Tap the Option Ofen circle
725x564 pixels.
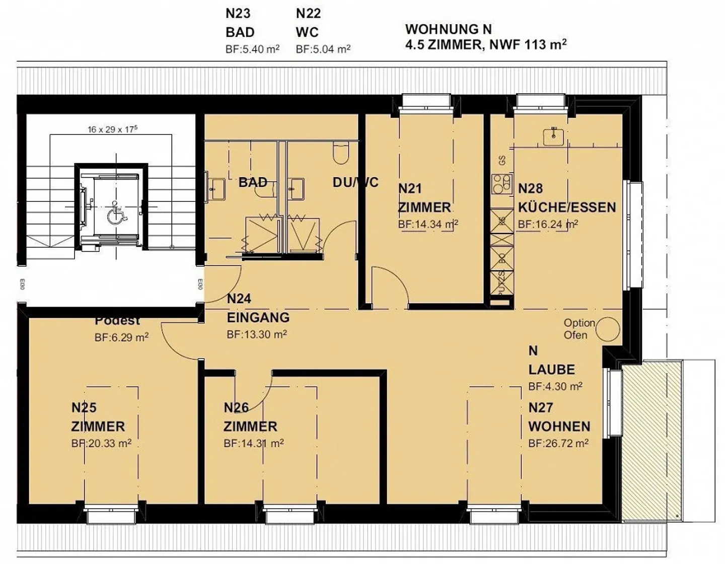[x=608, y=330]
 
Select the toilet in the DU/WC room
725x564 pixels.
[x=341, y=153]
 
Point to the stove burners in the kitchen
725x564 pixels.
[x=501, y=184]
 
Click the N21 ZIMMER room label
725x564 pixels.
[x=424, y=198]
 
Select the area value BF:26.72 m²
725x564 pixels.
[x=558, y=444]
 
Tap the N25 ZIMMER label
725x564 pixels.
[x=98, y=417]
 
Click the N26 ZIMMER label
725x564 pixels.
[x=250, y=417]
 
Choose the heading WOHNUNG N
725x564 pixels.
[x=449, y=29]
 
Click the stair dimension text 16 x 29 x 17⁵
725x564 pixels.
[x=112, y=129]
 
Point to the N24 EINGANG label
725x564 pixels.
[x=258, y=308]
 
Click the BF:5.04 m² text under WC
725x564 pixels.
[x=323, y=49]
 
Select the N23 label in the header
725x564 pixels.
[x=238, y=14]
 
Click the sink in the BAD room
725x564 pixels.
[x=217, y=189]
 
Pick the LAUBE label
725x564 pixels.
[x=551, y=370]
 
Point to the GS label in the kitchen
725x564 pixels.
[x=502, y=161]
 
